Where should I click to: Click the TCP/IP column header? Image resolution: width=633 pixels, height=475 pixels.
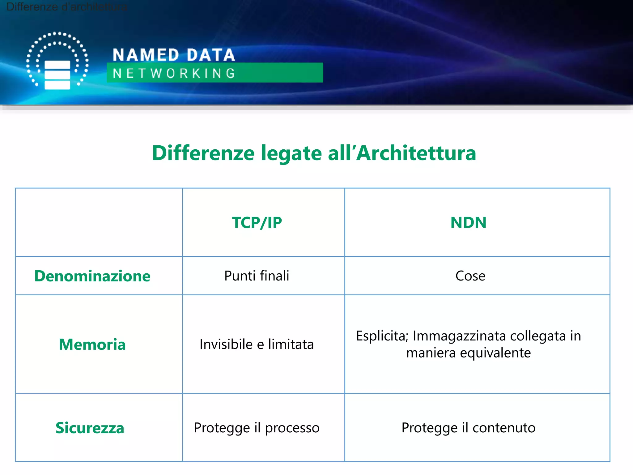[257, 223]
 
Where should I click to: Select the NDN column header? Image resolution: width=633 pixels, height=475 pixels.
[468, 223]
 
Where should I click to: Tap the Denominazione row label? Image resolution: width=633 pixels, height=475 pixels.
[92, 276]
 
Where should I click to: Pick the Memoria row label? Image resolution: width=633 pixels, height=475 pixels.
[92, 344]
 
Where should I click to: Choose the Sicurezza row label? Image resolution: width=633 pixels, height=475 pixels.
[90, 428]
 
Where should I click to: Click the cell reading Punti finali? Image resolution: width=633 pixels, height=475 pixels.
[257, 276]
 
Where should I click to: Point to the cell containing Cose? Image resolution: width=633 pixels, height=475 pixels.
[470, 276]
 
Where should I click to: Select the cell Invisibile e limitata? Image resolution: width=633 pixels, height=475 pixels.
[257, 344]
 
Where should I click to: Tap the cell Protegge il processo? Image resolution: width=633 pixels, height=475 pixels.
[257, 428]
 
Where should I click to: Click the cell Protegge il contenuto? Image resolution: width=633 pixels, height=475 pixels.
[468, 428]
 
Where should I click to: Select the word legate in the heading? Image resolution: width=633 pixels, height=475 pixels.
[291, 154]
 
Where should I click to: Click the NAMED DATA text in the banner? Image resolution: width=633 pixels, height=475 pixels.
[174, 55]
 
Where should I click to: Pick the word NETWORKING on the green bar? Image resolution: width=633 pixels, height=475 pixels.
[174, 73]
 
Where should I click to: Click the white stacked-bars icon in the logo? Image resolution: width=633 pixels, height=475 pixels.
[57, 75]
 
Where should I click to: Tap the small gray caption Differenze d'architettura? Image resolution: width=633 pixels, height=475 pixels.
[66, 7]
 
